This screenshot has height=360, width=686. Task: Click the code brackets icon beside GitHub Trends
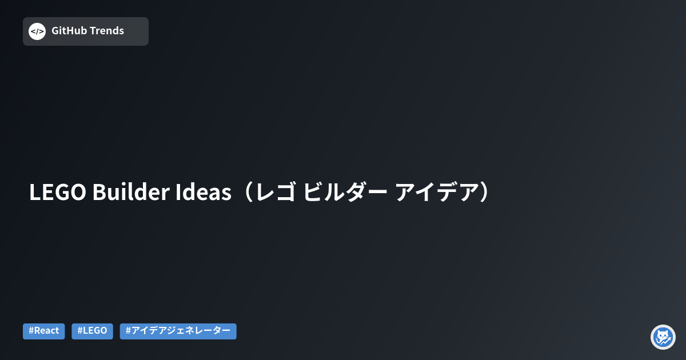pos(37,31)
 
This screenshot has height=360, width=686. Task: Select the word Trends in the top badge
pos(106,31)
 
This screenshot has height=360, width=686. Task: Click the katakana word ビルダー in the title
pos(345,193)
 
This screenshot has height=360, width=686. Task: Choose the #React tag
pos(44,331)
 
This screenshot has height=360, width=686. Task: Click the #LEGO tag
pos(92,331)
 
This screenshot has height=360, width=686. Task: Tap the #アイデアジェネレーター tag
pos(178,331)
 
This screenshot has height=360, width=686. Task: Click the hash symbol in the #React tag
pos(31,331)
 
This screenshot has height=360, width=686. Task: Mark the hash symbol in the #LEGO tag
pos(80,331)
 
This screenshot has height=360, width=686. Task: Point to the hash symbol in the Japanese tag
pos(128,331)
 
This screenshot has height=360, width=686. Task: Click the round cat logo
pos(663,337)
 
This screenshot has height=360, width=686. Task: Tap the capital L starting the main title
pos(34,193)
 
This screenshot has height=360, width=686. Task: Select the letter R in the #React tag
pos(37,331)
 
